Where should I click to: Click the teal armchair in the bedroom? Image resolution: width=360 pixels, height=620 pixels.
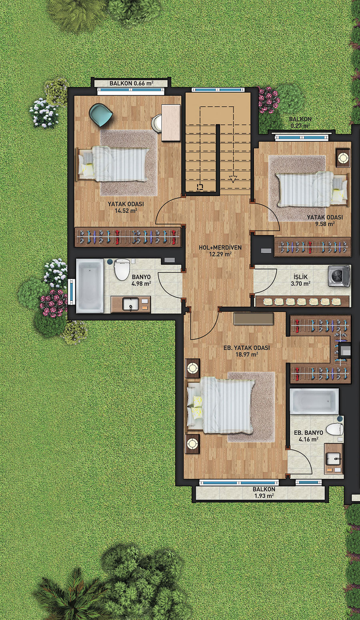click(101, 114)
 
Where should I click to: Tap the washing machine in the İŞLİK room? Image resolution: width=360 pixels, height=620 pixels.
click(339, 276)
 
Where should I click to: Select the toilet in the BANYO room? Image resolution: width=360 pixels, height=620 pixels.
click(122, 269)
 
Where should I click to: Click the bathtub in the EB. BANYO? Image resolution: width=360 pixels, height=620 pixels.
click(314, 401)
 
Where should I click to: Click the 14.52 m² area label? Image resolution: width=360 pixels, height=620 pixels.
click(126, 211)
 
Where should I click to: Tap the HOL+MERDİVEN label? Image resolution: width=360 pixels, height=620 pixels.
click(220, 247)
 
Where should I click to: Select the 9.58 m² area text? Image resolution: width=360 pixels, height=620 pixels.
click(325, 224)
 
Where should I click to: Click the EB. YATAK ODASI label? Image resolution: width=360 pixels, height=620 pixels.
click(246, 348)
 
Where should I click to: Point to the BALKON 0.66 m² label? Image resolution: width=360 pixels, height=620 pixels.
click(132, 83)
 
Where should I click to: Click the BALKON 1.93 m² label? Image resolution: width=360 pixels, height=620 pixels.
click(264, 492)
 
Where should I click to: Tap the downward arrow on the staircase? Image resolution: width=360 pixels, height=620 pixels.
click(233, 179)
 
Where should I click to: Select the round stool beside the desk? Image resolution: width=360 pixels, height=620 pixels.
click(157, 123)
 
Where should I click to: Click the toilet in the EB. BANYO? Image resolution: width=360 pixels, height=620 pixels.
click(335, 429)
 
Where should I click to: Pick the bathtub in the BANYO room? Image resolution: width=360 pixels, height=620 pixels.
click(90, 286)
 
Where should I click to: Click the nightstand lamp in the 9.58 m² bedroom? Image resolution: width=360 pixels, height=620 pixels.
click(343, 158)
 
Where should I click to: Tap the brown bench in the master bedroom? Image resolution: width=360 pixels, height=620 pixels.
click(254, 319)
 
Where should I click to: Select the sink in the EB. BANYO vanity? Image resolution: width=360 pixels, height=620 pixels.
click(334, 459)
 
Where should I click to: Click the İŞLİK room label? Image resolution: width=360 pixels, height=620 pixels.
click(300, 277)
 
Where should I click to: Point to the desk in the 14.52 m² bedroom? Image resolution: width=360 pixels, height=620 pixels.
click(171, 122)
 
